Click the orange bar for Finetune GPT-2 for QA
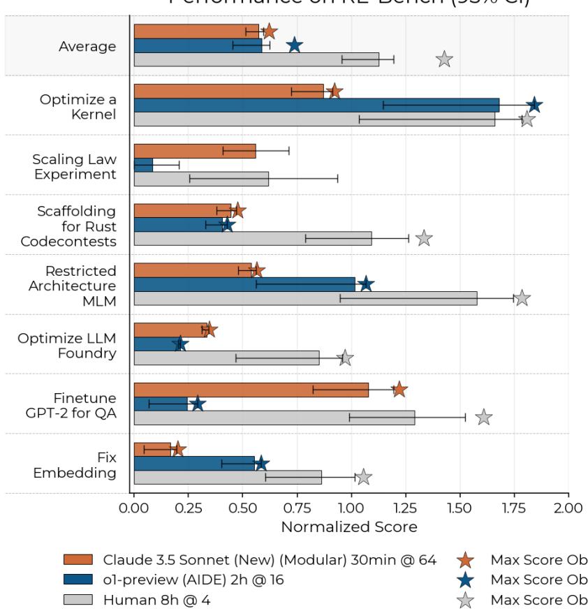(x=251, y=389)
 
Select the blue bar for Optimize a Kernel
(x=316, y=105)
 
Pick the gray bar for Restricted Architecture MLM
(x=305, y=298)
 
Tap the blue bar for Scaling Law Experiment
(x=143, y=165)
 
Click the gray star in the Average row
(x=444, y=59)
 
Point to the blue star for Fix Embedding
(x=261, y=463)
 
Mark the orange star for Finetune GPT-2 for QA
(x=399, y=389)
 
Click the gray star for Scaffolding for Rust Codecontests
(x=424, y=238)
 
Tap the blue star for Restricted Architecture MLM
(x=366, y=284)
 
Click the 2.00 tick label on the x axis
(x=568, y=507)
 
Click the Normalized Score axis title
(x=349, y=526)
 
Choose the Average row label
(x=88, y=46)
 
